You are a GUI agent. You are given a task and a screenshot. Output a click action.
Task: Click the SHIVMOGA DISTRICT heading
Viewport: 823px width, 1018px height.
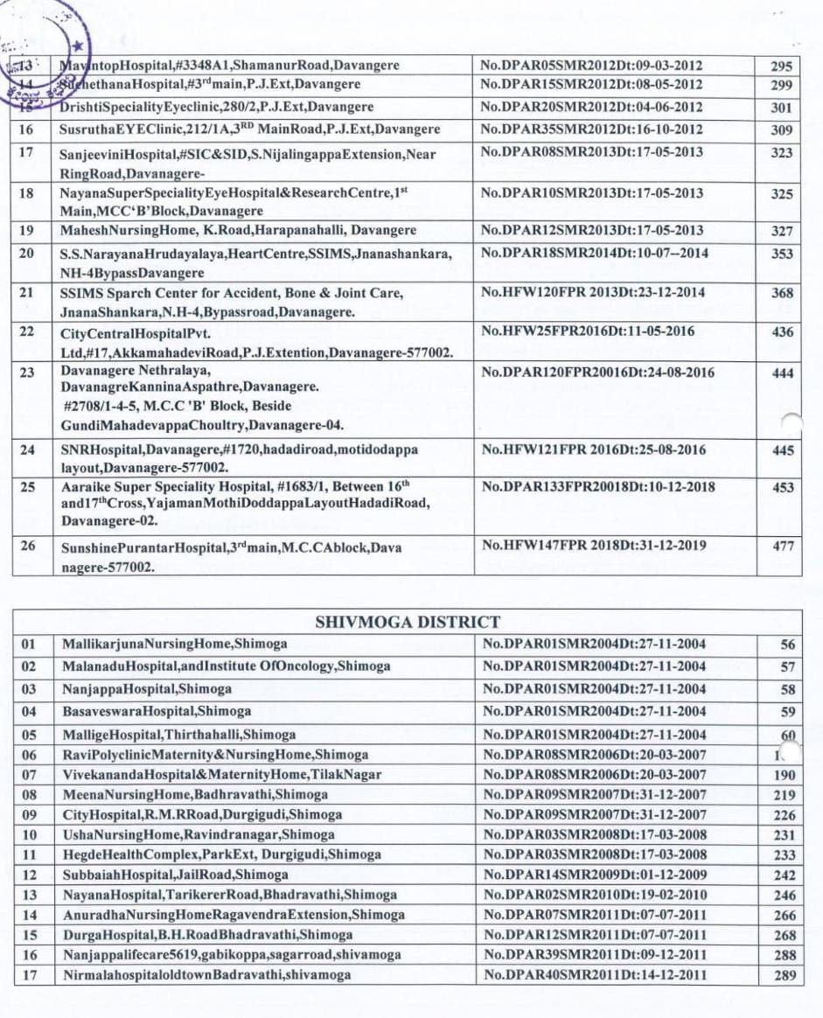pyautogui.click(x=407, y=623)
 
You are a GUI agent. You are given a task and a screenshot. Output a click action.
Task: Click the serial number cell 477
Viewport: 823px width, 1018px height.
pyautogui.click(x=784, y=547)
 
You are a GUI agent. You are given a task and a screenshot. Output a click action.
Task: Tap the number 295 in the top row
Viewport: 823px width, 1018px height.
pyautogui.click(x=782, y=66)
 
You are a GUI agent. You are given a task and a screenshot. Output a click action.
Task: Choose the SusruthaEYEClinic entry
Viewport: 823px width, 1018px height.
pyautogui.click(x=249, y=129)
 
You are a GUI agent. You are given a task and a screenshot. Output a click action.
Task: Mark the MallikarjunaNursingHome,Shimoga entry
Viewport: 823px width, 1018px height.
pyautogui.click(x=174, y=645)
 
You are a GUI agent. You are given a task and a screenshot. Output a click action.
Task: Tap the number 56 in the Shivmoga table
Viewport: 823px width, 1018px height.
pyautogui.click(x=788, y=645)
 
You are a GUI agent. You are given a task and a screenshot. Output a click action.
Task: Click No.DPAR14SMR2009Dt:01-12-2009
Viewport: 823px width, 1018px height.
pyautogui.click(x=594, y=875)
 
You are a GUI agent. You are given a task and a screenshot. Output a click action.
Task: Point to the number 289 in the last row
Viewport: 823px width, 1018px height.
pyautogui.click(x=785, y=975)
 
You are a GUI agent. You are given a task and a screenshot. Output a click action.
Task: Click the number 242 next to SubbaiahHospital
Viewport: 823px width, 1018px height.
pyautogui.click(x=785, y=875)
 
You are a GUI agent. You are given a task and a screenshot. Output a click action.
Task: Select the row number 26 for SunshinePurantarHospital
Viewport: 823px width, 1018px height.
pyautogui.click(x=28, y=546)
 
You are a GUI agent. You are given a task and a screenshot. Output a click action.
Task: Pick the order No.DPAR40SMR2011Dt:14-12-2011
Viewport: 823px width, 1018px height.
pyautogui.click(x=594, y=975)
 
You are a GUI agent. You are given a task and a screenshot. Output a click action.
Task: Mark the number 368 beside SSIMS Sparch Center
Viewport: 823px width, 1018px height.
pyautogui.click(x=782, y=294)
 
